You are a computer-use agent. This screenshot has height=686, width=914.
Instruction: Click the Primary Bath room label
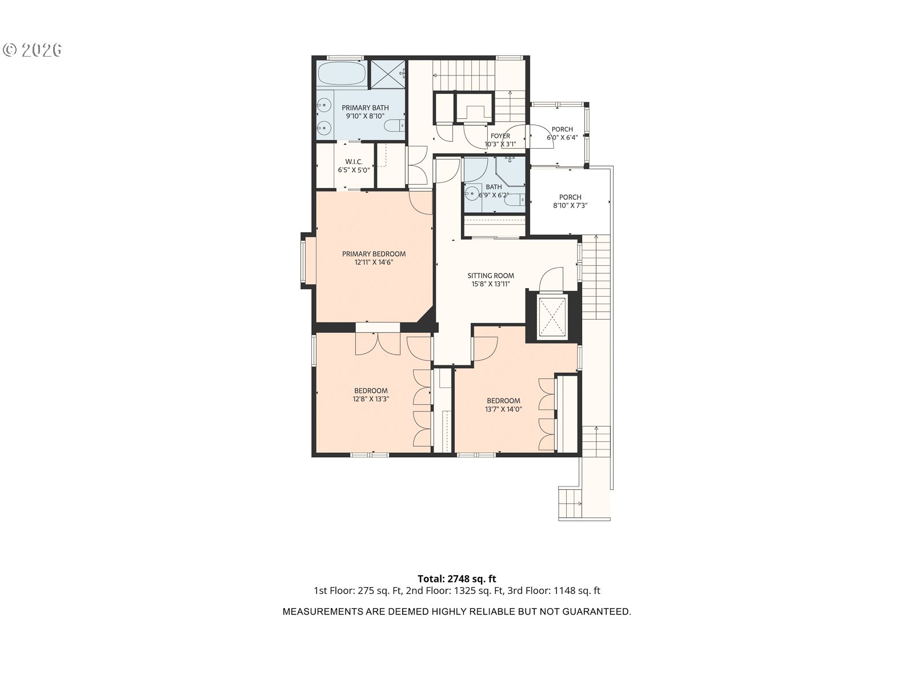[365, 108]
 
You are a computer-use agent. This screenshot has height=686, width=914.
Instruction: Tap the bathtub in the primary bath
[342, 74]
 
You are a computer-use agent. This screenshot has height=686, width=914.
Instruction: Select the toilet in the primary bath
[394, 125]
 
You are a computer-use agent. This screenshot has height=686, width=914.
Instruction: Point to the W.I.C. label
[354, 162]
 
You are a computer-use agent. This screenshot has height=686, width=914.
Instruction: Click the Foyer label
[500, 136]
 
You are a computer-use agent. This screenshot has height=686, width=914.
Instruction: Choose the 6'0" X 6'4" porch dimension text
[562, 137]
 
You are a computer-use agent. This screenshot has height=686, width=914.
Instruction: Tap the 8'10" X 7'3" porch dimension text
[570, 205]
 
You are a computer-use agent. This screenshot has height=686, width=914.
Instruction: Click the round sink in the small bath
[472, 193]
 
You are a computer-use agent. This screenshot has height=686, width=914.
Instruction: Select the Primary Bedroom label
[374, 254]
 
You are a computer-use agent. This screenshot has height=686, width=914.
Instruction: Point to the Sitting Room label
[491, 276]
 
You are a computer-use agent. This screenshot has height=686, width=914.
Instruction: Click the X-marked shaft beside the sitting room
[552, 317]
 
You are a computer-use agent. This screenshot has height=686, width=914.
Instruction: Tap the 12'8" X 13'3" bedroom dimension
[371, 399]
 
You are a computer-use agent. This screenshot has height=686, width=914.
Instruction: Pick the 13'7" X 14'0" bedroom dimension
[503, 409]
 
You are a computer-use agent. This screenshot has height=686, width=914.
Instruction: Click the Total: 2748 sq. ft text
[457, 579]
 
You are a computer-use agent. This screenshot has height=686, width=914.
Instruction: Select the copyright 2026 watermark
[32, 50]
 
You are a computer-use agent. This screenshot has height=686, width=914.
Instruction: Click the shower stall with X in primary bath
[387, 74]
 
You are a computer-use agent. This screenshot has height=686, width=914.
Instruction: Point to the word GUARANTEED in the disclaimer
[596, 612]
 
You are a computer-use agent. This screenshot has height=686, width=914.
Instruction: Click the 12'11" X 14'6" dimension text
[374, 262]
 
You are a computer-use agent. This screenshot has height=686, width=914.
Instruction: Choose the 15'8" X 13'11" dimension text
[491, 284]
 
